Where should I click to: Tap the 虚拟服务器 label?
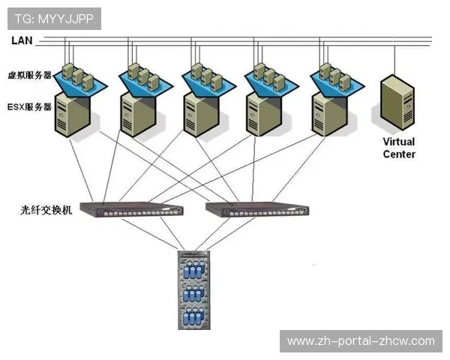(x=30, y=76)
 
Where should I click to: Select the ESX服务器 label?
(x=30, y=107)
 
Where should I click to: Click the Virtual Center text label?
(x=398, y=148)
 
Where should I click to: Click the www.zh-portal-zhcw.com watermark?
(x=361, y=341)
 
